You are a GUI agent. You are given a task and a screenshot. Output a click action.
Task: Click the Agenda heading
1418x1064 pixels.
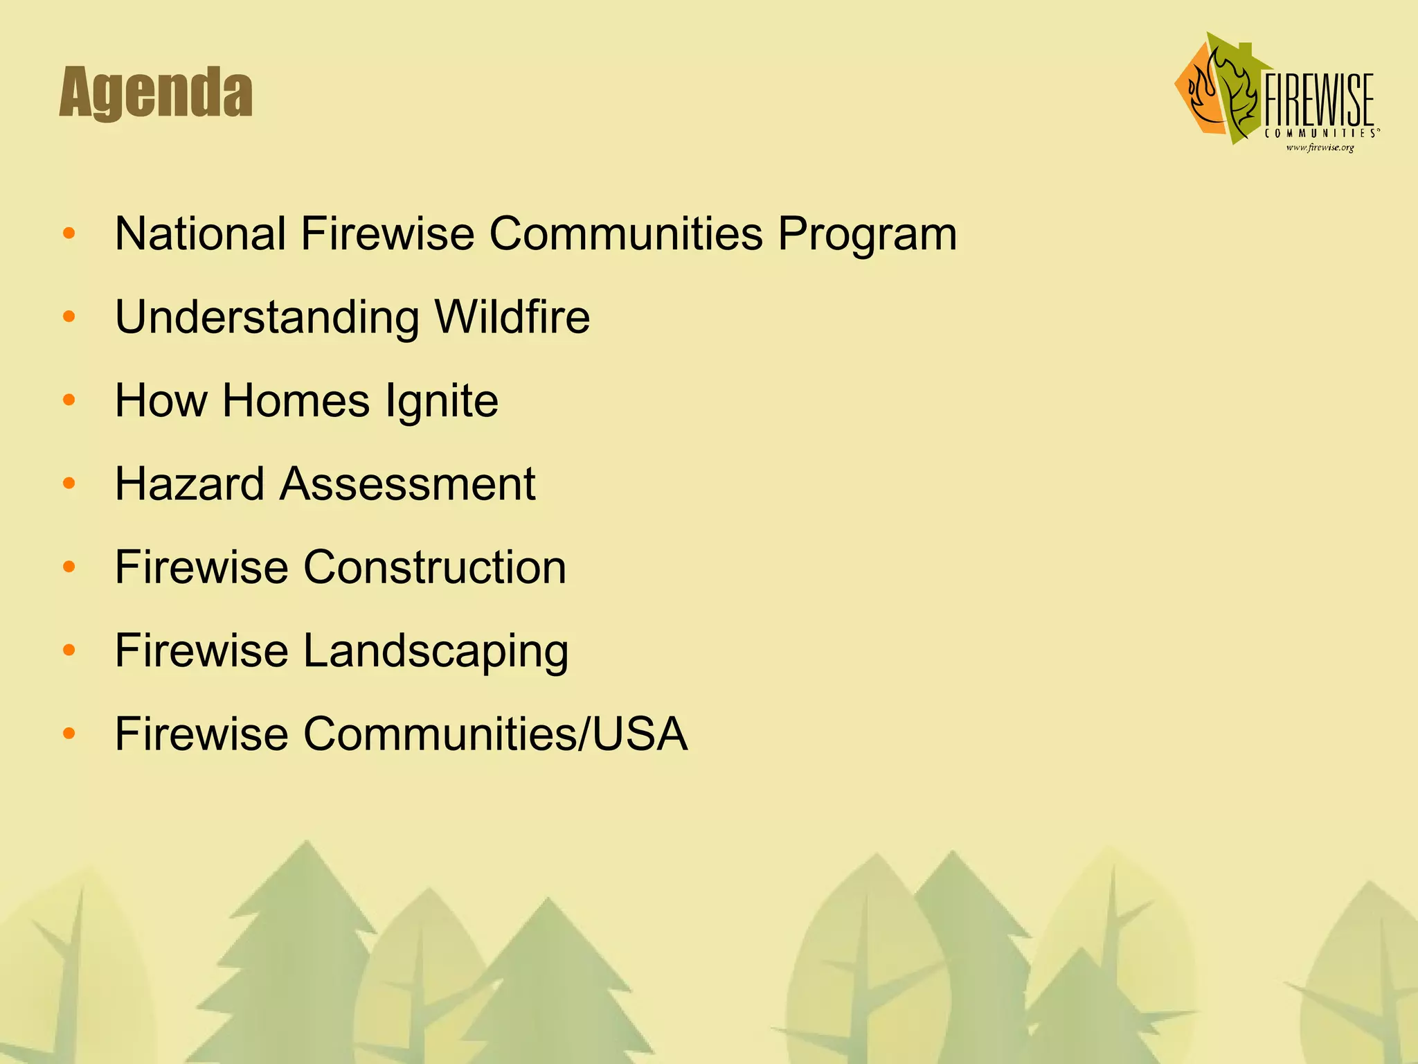click(156, 93)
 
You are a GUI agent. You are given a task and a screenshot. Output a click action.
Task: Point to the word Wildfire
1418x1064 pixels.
click(512, 317)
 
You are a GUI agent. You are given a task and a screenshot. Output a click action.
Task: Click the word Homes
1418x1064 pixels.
click(296, 401)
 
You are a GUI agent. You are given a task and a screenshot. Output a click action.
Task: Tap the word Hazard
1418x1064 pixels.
click(189, 484)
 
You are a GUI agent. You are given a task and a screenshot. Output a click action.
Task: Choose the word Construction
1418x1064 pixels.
click(435, 567)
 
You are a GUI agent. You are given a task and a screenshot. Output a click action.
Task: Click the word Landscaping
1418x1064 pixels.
click(436, 652)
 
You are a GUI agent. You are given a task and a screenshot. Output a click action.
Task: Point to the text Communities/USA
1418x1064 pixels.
click(495, 734)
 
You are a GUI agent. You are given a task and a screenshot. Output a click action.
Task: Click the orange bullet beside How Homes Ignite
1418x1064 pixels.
click(69, 400)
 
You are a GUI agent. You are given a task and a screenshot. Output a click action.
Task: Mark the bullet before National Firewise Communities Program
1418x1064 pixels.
click(69, 233)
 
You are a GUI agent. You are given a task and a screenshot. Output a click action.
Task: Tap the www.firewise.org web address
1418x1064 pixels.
click(1319, 147)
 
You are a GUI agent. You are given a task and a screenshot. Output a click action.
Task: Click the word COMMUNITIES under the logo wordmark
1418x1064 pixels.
click(1319, 132)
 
